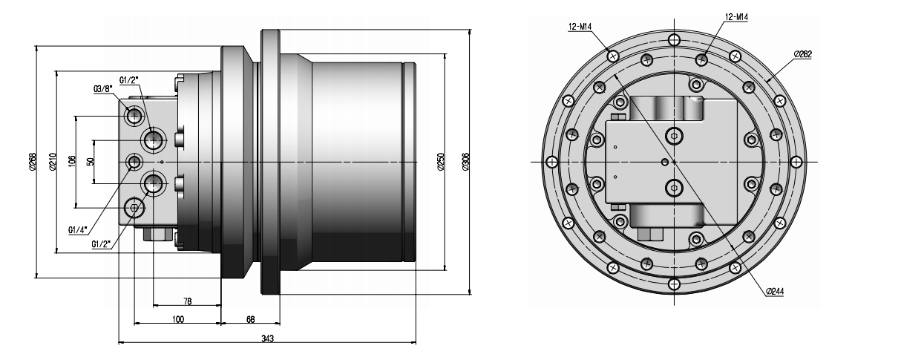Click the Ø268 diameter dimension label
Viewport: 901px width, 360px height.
tap(33, 162)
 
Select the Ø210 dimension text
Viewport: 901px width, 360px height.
tap(52, 162)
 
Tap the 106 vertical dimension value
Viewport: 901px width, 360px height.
tap(72, 162)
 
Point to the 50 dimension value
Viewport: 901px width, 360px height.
tap(91, 161)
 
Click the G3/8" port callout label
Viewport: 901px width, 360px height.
tap(102, 89)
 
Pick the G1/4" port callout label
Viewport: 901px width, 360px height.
tap(78, 230)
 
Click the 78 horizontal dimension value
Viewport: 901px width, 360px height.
tap(188, 301)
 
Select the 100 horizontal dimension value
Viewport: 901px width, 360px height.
tap(178, 319)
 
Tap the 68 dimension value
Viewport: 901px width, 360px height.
tap(250, 319)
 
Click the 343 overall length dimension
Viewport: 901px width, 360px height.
tap(267, 338)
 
